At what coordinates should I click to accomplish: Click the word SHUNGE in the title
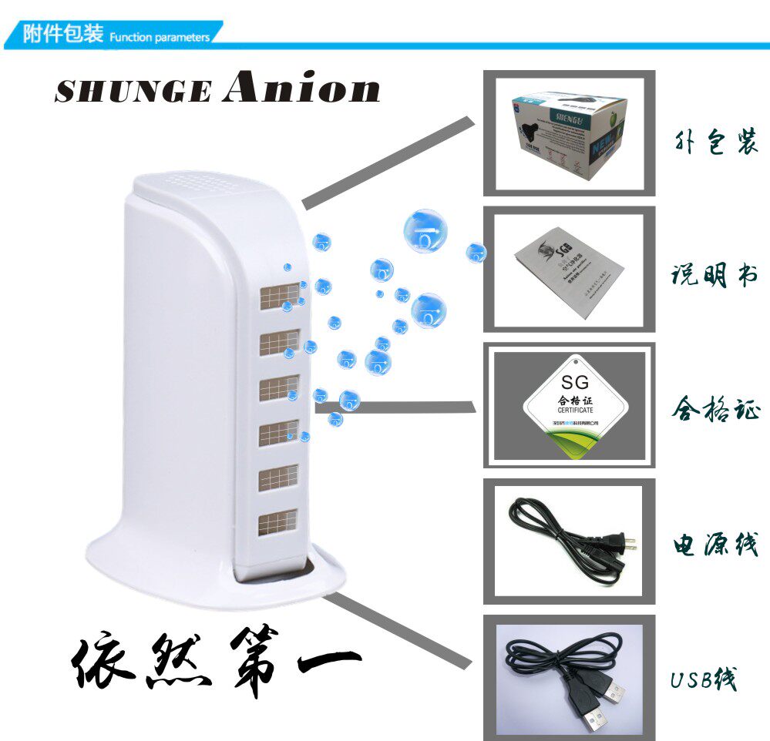point(133,92)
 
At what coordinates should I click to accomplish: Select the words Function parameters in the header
point(159,37)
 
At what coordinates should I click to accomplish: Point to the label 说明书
point(715,275)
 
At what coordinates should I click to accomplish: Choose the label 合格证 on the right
point(715,408)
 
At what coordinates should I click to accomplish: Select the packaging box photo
point(568,133)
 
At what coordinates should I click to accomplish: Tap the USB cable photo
point(568,678)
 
